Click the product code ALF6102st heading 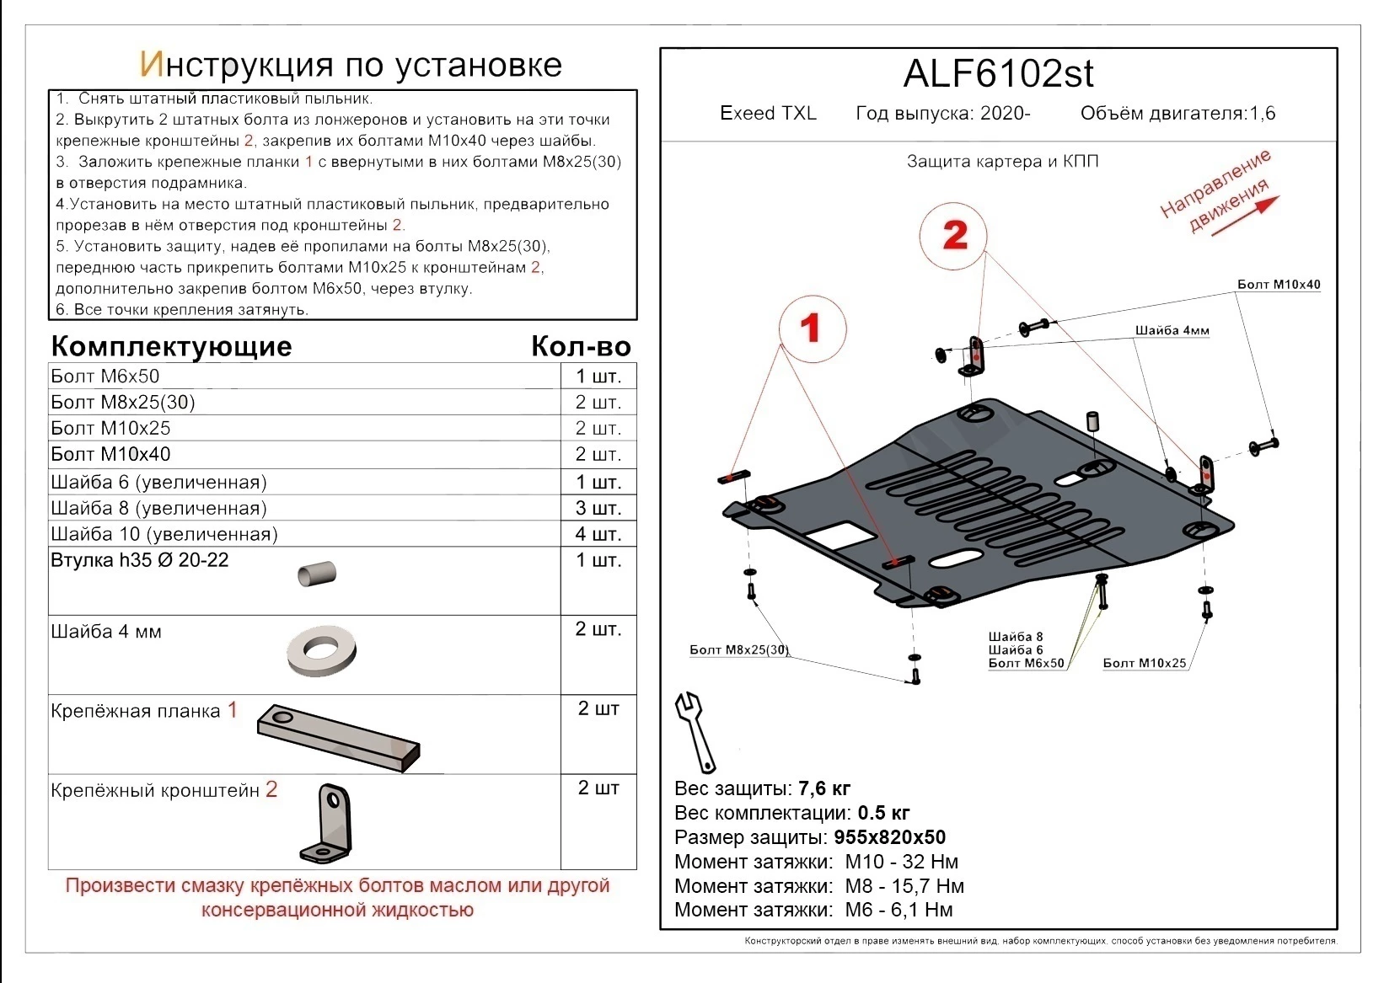pyautogui.click(x=998, y=74)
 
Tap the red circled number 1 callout pyautogui.click(x=811, y=328)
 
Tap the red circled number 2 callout pyautogui.click(x=953, y=236)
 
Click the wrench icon pyautogui.click(x=696, y=732)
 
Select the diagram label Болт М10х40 pyautogui.click(x=1278, y=285)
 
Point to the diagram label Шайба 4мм pyautogui.click(x=1171, y=330)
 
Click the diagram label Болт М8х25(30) pyautogui.click(x=738, y=649)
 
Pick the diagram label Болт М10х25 pyautogui.click(x=1144, y=663)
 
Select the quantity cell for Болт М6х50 pyautogui.click(x=598, y=377)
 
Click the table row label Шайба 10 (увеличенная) pyautogui.click(x=164, y=534)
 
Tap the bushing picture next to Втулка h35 pyautogui.click(x=317, y=574)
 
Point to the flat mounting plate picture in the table pyautogui.click(x=339, y=737)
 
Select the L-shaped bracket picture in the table pyautogui.click(x=326, y=823)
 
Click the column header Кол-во pyautogui.click(x=581, y=346)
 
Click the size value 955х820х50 pyautogui.click(x=889, y=837)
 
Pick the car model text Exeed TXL pyautogui.click(x=768, y=114)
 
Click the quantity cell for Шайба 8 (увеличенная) pyautogui.click(x=598, y=508)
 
